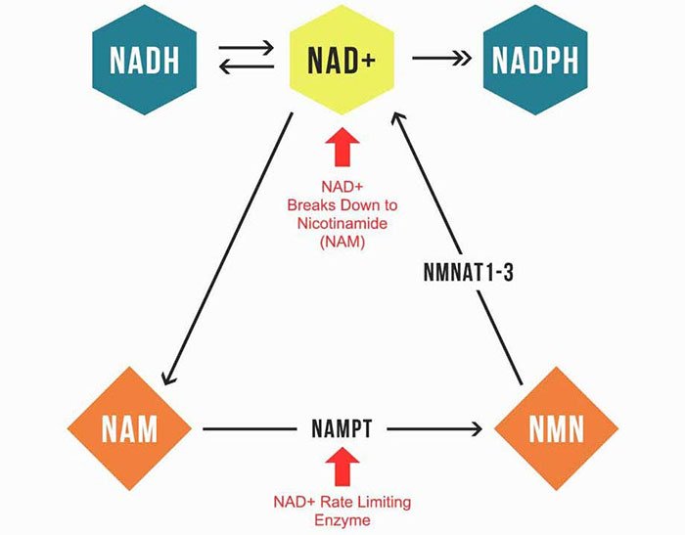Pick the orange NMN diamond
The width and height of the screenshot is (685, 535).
[555, 428]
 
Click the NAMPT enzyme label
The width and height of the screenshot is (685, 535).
[342, 428]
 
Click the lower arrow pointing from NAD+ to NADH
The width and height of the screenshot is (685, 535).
[245, 68]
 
